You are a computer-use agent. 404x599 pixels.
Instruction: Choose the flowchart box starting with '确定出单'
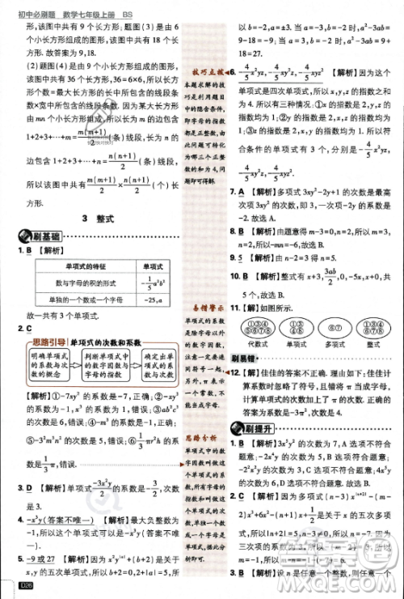158,367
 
